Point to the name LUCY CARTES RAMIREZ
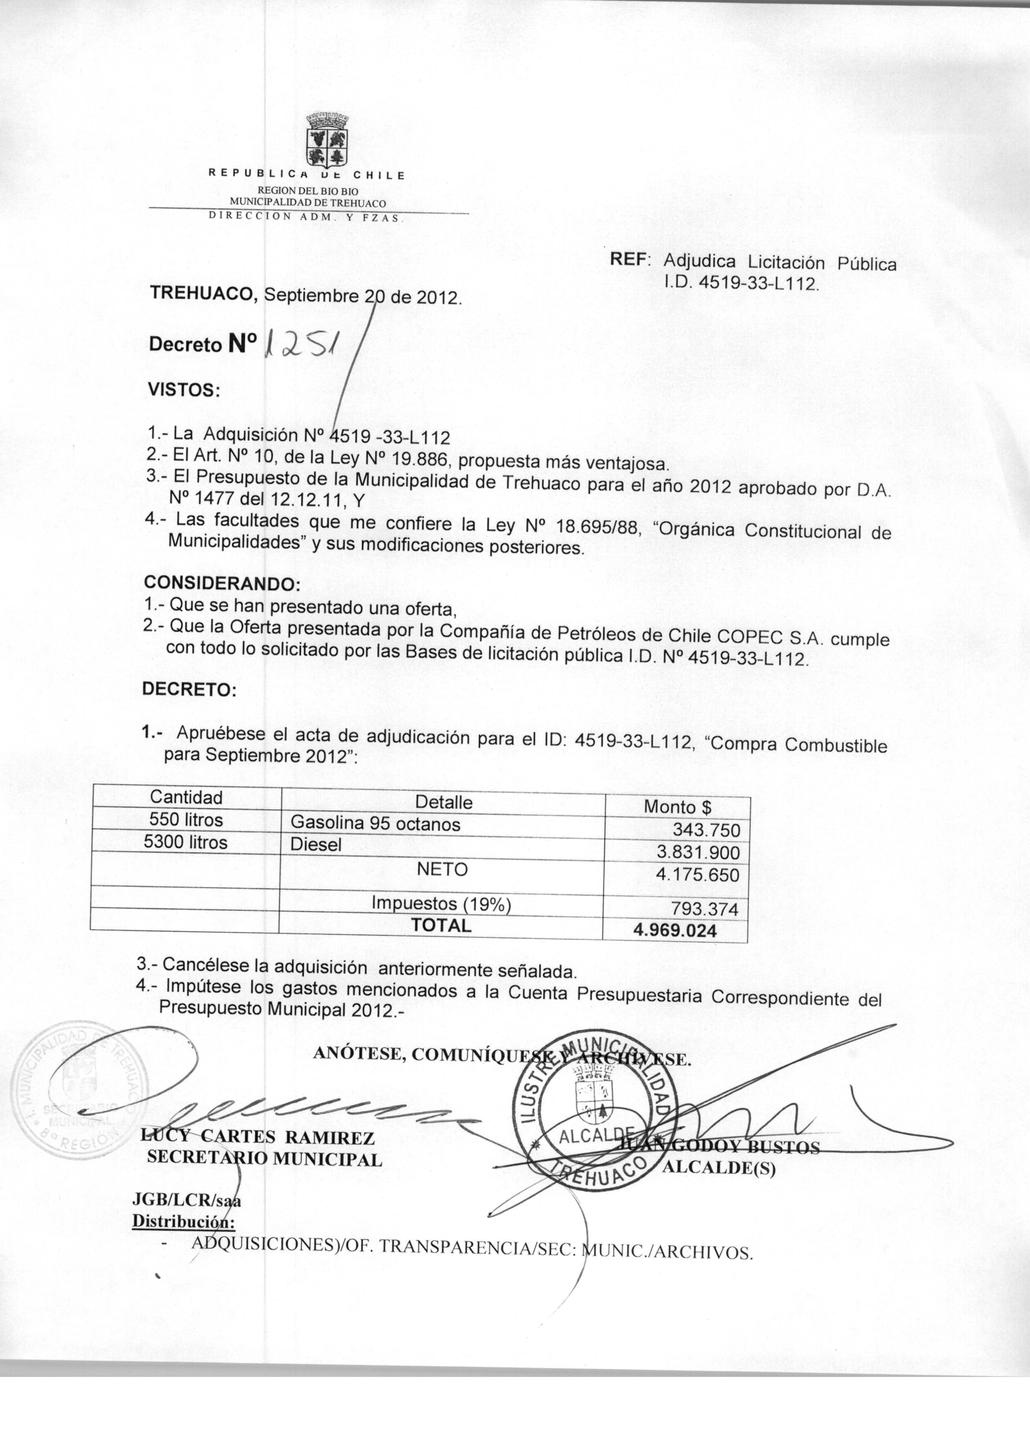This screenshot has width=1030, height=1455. [x=260, y=1138]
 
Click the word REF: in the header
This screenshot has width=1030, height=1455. [x=630, y=259]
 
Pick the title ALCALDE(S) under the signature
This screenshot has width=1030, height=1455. [x=719, y=1170]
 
